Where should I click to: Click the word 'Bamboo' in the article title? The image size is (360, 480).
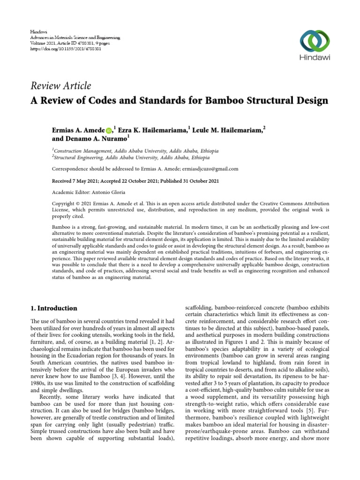tap(219, 100)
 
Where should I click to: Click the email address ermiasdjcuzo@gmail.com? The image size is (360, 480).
tap(212, 169)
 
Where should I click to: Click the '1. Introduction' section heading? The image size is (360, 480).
tap(53, 308)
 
